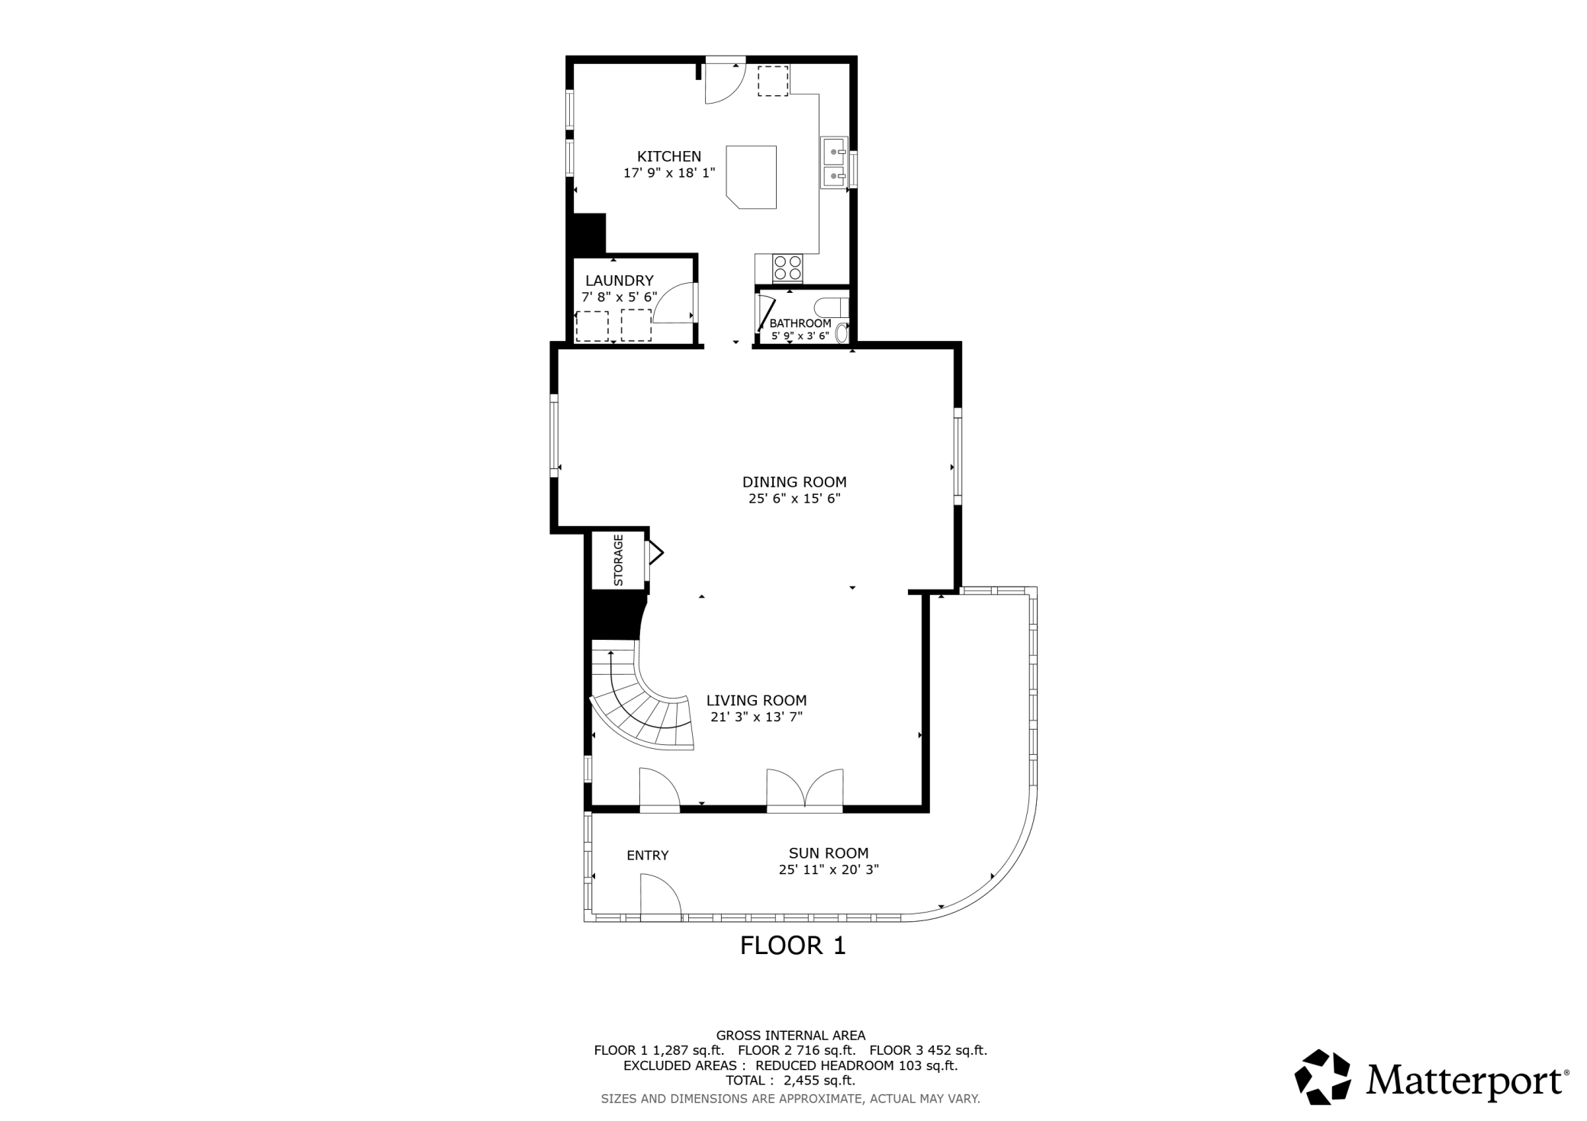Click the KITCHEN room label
tap(669, 156)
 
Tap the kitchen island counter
tap(752, 177)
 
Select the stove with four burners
tap(787, 268)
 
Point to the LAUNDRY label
tap(620, 281)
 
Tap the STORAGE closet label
tap(619, 560)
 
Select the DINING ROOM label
tap(794, 482)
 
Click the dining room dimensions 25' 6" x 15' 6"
tap(794, 499)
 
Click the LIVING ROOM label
tap(756, 700)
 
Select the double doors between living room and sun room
tap(805, 789)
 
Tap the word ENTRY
tap(648, 856)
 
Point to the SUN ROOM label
tap(829, 853)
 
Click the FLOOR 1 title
tap(793, 946)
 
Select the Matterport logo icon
tap(1322, 1077)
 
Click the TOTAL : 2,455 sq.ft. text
tap(790, 1081)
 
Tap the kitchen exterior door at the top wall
tap(724, 80)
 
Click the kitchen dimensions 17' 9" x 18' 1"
tap(669, 173)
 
